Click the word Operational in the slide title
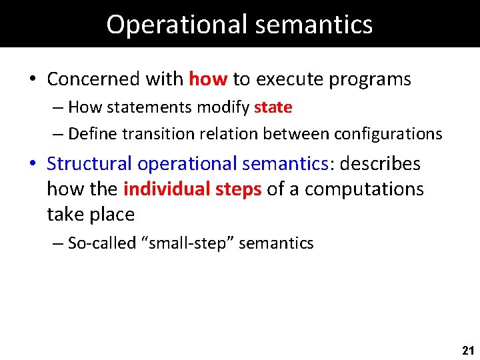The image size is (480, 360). (167, 24)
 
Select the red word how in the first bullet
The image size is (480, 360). (208, 79)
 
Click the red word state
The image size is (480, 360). (273, 107)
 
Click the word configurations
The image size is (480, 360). (387, 134)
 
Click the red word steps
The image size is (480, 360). (238, 189)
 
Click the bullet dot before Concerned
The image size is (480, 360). (32, 80)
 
